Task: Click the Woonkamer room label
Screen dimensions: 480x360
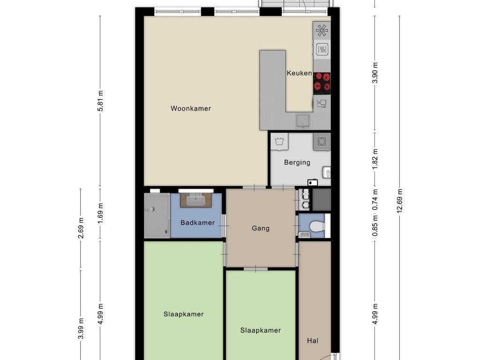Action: coord(191,108)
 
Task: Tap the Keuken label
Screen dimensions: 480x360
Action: coord(300,73)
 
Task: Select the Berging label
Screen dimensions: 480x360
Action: coord(297,162)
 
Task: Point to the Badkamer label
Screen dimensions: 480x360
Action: coord(197,223)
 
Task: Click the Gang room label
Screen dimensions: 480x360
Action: coord(261,228)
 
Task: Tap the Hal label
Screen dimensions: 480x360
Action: coord(313,340)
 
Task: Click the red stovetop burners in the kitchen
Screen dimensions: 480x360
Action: coord(322,82)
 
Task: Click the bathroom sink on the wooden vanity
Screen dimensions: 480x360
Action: coord(196,201)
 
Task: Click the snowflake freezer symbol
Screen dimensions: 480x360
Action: coord(322,30)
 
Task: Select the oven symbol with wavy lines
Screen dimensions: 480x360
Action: coord(322,49)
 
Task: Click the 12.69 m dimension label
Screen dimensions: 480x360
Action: coord(399,201)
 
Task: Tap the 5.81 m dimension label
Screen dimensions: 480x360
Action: coord(100,101)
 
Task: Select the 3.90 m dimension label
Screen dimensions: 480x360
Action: coord(375,73)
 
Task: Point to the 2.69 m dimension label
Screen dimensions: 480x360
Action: coord(81,228)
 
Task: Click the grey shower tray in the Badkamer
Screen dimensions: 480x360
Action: coord(157,215)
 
